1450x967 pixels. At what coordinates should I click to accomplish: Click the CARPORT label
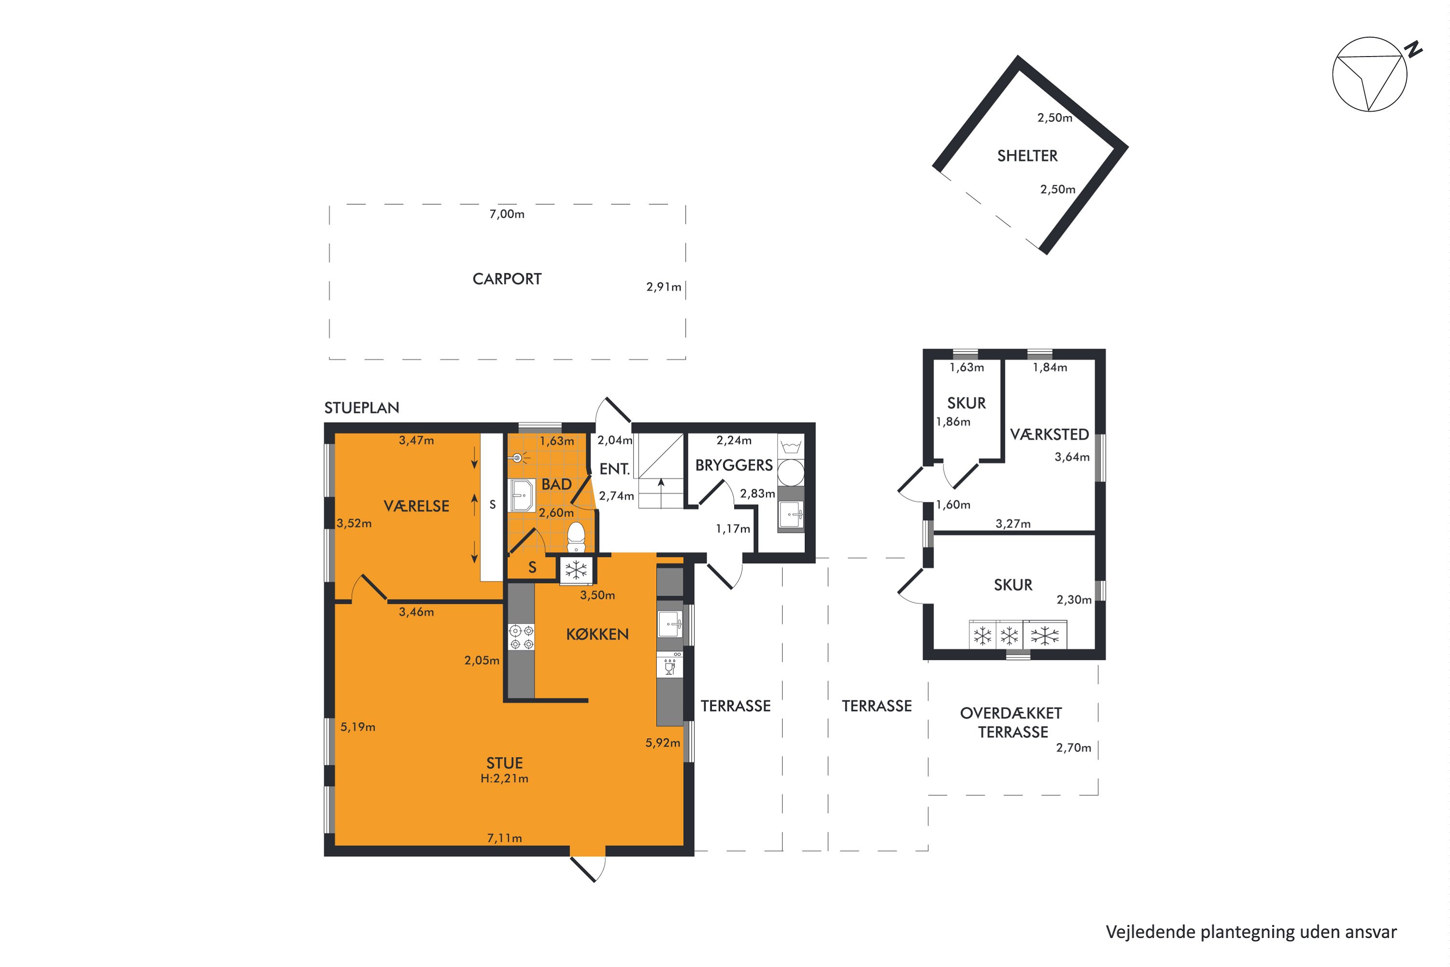(x=507, y=279)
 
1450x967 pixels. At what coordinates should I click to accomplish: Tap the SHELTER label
(x=1027, y=156)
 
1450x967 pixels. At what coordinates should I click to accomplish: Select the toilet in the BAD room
(x=576, y=537)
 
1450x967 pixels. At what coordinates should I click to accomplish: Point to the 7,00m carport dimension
(x=507, y=214)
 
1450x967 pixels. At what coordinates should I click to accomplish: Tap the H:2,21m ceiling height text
(x=504, y=778)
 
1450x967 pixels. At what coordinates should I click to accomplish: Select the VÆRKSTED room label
(x=1049, y=435)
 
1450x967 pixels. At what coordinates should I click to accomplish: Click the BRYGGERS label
(x=734, y=465)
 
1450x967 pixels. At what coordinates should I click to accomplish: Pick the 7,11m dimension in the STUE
(x=504, y=838)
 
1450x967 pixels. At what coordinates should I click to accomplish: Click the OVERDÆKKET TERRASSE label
(x=1012, y=723)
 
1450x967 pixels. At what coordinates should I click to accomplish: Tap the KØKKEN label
(x=597, y=634)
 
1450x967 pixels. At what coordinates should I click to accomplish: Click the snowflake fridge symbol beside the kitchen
(x=576, y=570)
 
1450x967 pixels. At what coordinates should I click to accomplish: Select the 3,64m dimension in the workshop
(x=1072, y=457)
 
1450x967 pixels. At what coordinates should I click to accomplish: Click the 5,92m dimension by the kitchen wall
(x=663, y=743)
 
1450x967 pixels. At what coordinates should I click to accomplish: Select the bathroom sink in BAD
(x=522, y=495)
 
